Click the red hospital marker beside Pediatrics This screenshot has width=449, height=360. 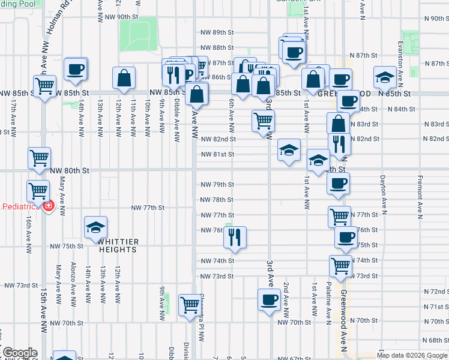[48, 206]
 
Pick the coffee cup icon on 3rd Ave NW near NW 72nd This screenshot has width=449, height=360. [269, 299]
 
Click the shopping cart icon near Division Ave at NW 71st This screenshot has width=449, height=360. [190, 304]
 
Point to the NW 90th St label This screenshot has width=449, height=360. [119, 17]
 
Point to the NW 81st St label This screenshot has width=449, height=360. [217, 154]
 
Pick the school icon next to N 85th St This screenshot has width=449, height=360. [384, 77]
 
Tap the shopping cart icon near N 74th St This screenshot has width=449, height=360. [340, 266]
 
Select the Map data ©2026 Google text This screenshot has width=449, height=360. [412, 355]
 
